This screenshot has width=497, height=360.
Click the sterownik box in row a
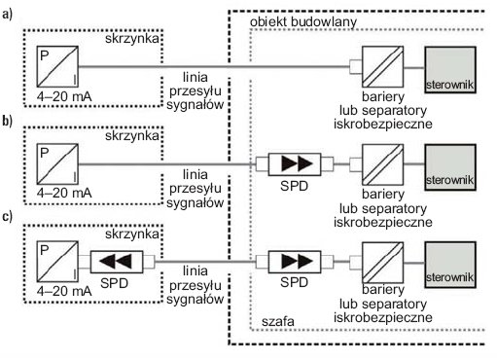click(450, 70)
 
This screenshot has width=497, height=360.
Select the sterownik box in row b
click(450, 167)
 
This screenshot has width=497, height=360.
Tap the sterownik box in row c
click(450, 265)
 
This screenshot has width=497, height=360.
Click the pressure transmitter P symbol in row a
click(57, 66)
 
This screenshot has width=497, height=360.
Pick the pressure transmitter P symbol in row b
click(57, 164)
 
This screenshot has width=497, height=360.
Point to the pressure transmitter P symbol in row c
click(57, 262)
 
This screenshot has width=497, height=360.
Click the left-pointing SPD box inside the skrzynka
click(117, 262)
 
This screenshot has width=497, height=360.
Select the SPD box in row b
click(295, 164)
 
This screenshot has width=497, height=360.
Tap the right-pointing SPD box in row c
click(295, 262)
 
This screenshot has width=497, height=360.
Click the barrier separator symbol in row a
click(382, 67)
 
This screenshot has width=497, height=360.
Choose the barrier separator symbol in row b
click(382, 164)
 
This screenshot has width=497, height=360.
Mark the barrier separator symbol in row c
click(382, 263)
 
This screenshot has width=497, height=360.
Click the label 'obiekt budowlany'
click(303, 21)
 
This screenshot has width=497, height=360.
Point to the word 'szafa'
click(278, 321)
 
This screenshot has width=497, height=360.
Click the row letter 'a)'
click(7, 15)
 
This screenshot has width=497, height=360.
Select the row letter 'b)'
click(7, 121)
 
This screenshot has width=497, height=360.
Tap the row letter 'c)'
click(7, 216)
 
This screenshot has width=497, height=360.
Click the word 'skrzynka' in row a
click(132, 38)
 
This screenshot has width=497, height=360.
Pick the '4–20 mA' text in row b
click(64, 193)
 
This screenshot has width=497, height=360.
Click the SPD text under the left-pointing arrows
click(114, 283)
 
